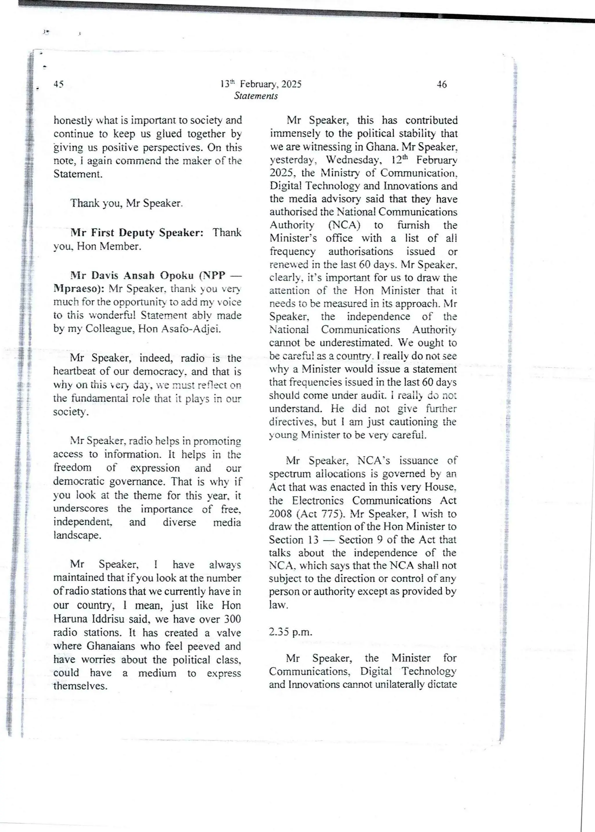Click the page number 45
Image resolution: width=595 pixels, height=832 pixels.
pos(59,84)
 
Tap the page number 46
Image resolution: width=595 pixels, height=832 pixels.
pos(442,85)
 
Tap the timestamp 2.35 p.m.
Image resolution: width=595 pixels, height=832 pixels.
pos(291,632)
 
